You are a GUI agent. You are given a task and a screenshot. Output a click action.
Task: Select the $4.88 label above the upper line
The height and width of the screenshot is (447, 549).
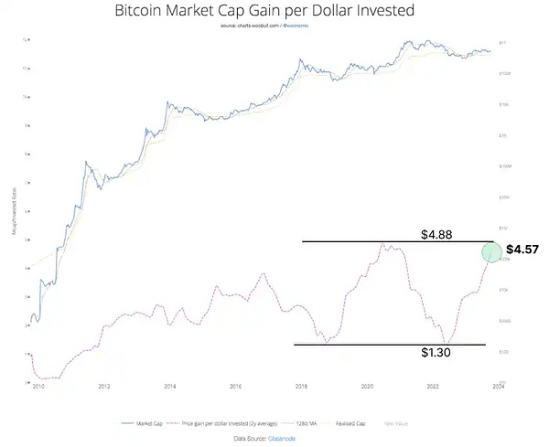[436, 233]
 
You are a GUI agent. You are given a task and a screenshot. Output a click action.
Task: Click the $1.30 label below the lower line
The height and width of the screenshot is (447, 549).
[436, 353]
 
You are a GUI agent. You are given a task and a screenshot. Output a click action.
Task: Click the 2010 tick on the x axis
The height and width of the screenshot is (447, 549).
[37, 387]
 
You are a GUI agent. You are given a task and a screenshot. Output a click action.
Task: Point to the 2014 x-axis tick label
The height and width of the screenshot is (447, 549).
[169, 387]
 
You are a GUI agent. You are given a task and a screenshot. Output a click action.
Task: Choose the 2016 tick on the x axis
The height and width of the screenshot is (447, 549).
[235, 387]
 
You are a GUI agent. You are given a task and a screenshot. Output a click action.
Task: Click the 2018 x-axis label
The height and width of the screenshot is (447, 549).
[302, 387]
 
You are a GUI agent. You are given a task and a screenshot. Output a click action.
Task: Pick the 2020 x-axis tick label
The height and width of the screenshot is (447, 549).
[368, 387]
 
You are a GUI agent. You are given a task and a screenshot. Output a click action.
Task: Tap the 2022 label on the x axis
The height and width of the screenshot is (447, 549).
[434, 387]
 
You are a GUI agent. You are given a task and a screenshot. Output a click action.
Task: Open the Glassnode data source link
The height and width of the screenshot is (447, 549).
[282, 439]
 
